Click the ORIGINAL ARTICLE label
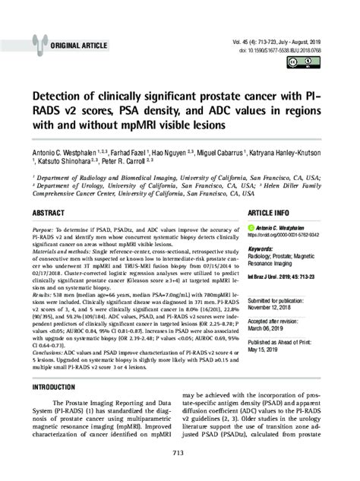pyautogui.click(x=81, y=45)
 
